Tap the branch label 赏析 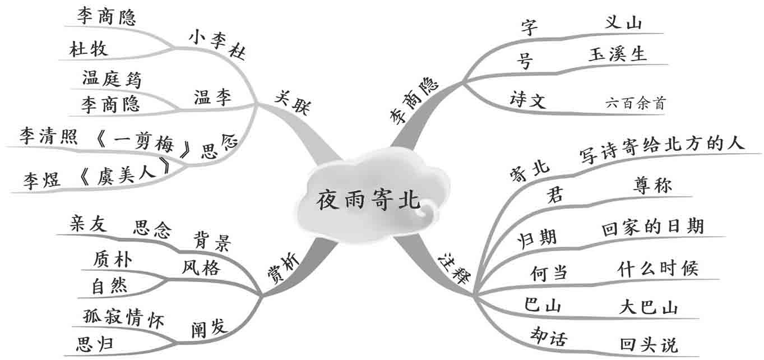coord(283,269)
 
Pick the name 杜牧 coord(89,49)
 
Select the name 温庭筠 coord(112,79)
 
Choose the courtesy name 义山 coord(624,23)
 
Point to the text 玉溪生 coord(618,54)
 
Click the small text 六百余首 coord(637,103)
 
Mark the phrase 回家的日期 coord(652,227)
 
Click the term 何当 coord(549,273)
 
